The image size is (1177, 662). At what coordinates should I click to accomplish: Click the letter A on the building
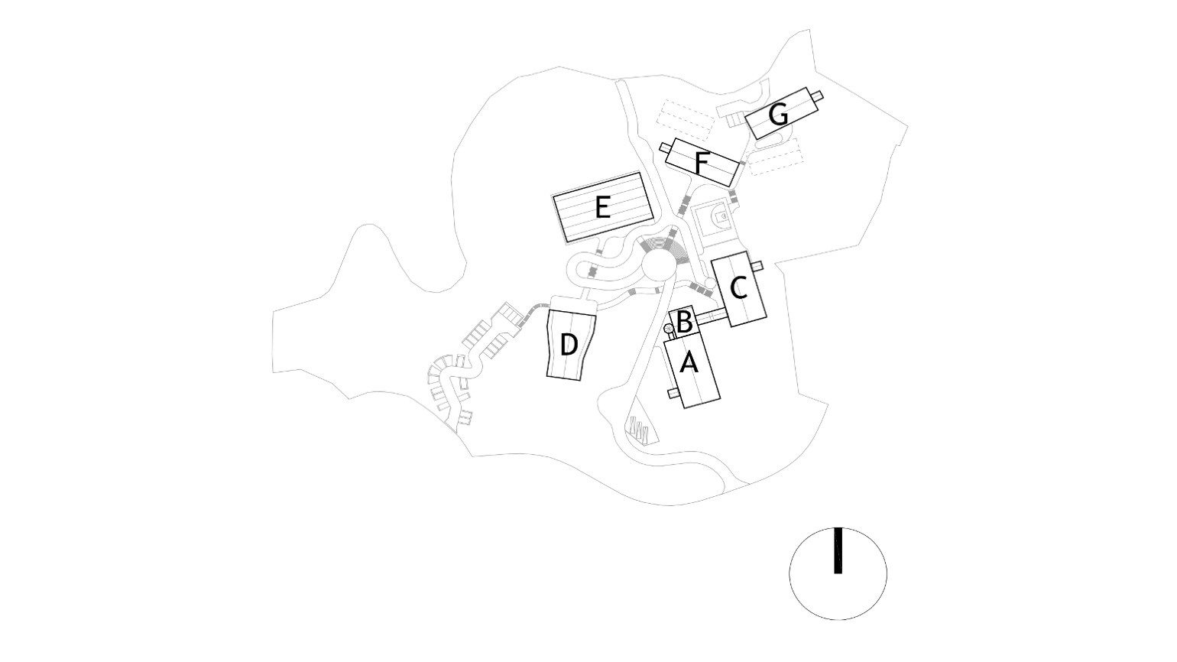click(x=689, y=363)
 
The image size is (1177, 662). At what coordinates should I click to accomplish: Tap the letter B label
click(x=683, y=322)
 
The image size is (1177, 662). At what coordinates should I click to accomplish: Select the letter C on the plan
click(x=739, y=288)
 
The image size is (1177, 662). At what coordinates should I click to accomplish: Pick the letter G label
click(x=778, y=115)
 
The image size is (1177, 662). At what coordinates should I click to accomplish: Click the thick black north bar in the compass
click(x=838, y=550)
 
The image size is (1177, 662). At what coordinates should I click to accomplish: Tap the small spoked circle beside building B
click(x=669, y=329)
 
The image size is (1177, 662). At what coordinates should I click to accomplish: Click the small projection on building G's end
click(x=817, y=96)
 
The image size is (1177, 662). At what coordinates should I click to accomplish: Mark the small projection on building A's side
click(x=673, y=394)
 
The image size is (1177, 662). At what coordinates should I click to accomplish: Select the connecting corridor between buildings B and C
click(x=711, y=316)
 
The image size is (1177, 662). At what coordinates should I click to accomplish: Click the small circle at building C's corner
click(x=710, y=283)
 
